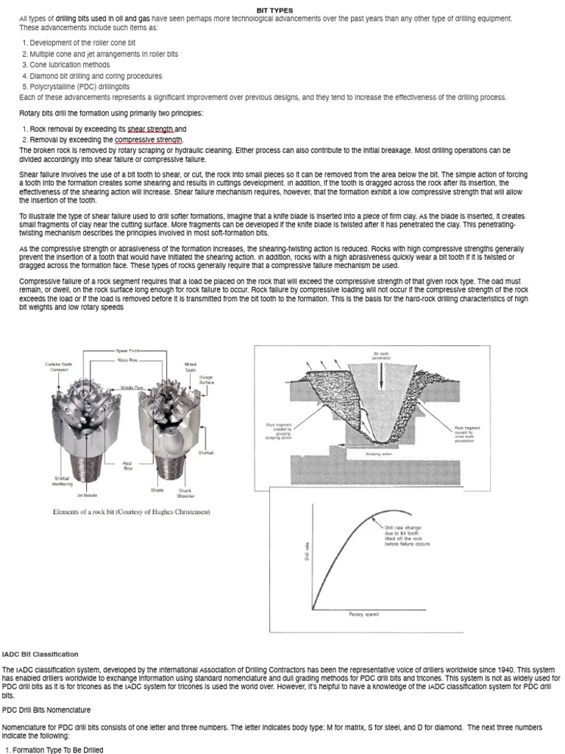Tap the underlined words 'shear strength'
(151, 129)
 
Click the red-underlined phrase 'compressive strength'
(149, 139)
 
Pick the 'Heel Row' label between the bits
(127, 466)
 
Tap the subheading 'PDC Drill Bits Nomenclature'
(46, 710)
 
